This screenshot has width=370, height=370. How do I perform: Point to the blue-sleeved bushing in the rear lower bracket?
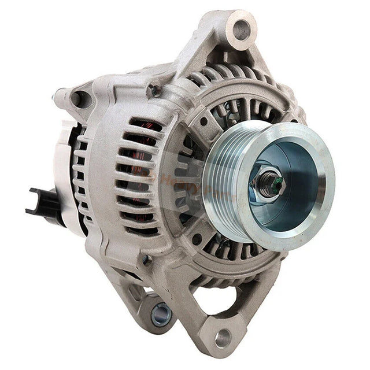pos(161,314)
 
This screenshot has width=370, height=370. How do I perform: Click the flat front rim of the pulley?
pos(312,220)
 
